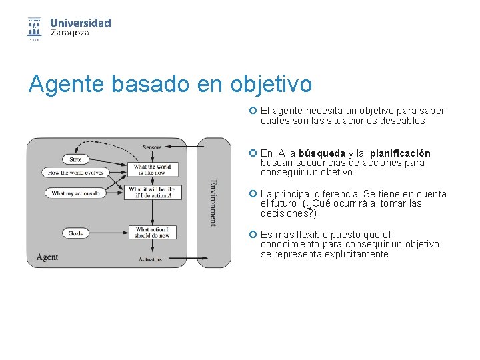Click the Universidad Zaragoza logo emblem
(34, 28)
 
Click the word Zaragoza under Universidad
(69, 33)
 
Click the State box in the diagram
(75, 160)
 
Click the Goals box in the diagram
(75, 233)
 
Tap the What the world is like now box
(152, 170)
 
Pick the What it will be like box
(152, 193)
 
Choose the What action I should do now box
(152, 233)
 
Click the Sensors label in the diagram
(152, 147)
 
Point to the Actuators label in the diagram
(150, 259)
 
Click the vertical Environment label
(213, 201)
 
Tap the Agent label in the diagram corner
(47, 257)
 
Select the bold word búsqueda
(322, 153)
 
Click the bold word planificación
(399, 153)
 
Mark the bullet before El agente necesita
(253, 111)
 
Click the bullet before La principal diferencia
(253, 194)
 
